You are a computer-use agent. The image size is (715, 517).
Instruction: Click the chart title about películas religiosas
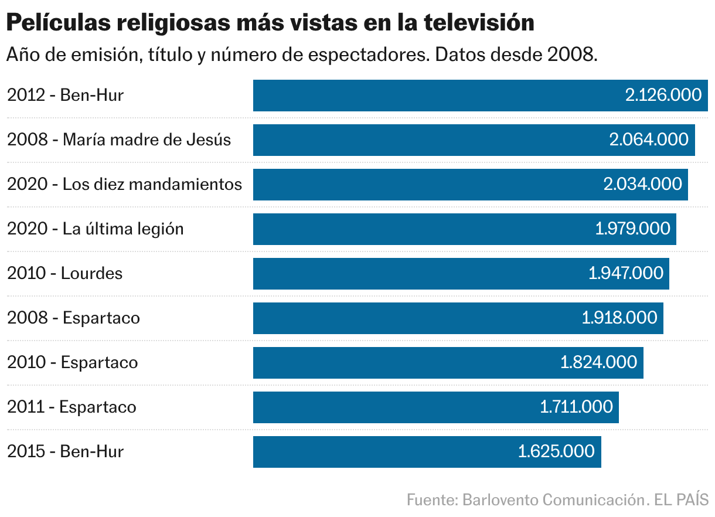tap(270, 23)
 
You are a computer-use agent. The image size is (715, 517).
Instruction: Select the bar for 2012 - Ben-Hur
tap(434, 96)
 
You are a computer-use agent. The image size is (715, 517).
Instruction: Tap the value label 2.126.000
tap(663, 96)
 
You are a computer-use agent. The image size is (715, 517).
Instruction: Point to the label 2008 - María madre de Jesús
tap(119, 140)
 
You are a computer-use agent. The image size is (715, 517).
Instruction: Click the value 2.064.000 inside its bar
tap(649, 140)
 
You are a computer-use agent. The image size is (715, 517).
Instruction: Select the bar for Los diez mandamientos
tap(422, 185)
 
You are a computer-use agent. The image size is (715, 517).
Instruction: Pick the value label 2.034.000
tap(642, 185)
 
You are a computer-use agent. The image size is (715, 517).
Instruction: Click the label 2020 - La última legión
tap(96, 229)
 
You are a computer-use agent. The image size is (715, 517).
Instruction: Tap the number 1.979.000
tap(632, 229)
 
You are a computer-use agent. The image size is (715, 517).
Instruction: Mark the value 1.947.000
tap(625, 274)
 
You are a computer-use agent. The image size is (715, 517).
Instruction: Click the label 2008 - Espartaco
tap(74, 318)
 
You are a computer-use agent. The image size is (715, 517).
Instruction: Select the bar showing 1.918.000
tap(410, 318)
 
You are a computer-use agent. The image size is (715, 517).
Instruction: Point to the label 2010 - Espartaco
tap(73, 363)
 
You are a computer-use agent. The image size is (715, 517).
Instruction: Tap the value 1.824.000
tap(598, 363)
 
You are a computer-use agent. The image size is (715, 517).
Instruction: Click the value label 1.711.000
tap(576, 407)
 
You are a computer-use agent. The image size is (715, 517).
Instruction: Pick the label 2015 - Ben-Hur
tap(66, 452)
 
